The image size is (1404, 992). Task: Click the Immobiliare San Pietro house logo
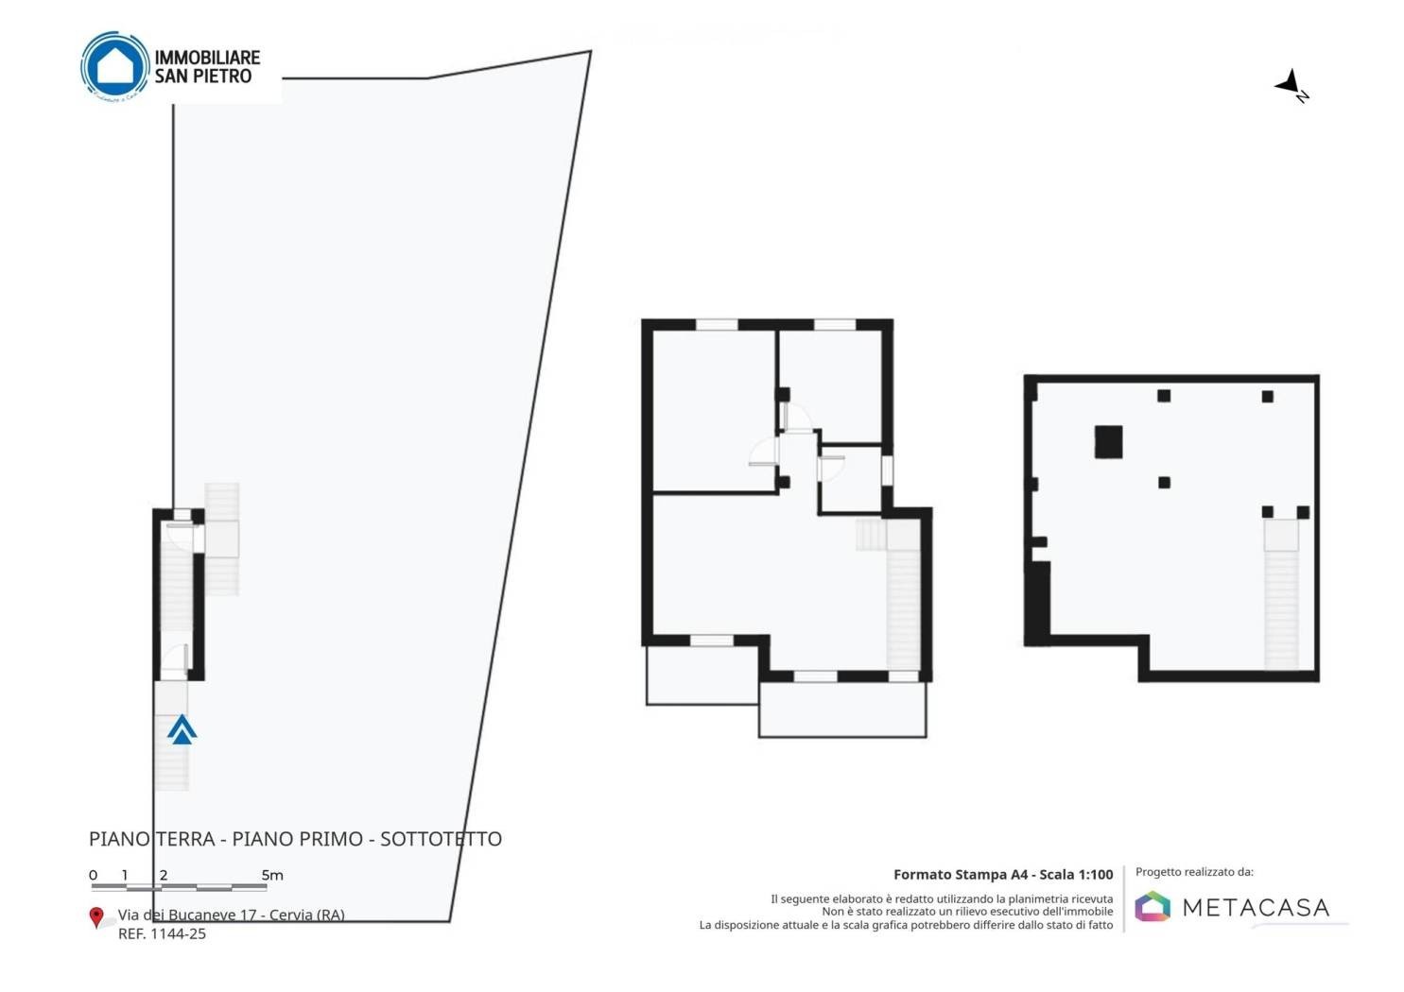(115, 66)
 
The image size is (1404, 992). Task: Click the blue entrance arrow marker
(182, 729)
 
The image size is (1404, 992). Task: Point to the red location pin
(95, 917)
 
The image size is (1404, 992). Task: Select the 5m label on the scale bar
(272, 875)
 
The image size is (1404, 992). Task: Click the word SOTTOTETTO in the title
(441, 839)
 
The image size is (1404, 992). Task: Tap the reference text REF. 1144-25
(162, 933)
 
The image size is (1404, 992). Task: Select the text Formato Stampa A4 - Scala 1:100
(1003, 874)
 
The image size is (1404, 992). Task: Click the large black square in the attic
(1108, 442)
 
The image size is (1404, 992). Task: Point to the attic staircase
(1280, 593)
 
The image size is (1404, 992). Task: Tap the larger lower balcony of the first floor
(842, 710)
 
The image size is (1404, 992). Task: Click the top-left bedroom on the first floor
(714, 411)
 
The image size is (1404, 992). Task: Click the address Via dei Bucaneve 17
(193, 915)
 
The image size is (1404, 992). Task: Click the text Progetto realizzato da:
(1195, 872)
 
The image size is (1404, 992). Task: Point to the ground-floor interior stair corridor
(177, 595)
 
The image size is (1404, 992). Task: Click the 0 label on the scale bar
(94, 875)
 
